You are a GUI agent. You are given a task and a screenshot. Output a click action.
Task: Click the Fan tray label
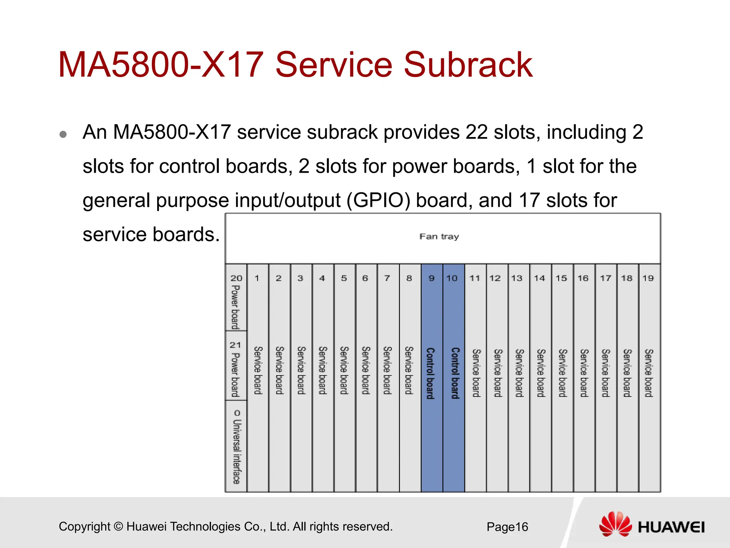[x=439, y=237]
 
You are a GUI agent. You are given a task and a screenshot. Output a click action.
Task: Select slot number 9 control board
[x=432, y=373]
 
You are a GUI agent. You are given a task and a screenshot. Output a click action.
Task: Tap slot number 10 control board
[x=454, y=373]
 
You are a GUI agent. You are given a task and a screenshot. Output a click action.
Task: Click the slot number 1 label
[x=257, y=278]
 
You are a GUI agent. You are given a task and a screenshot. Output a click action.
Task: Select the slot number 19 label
[x=648, y=278]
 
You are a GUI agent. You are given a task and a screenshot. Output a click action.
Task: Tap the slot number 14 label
[x=539, y=278]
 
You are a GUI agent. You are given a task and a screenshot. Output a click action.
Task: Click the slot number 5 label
[x=344, y=278]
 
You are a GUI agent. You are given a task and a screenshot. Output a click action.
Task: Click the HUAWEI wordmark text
[x=671, y=527]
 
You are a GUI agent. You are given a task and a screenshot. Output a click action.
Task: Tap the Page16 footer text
[x=507, y=527]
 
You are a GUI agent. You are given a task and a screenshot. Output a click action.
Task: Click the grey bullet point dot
[x=63, y=135]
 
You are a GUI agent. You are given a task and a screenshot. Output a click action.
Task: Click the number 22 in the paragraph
[x=476, y=132]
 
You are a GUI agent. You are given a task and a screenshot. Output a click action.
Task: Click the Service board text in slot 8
[x=409, y=370]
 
